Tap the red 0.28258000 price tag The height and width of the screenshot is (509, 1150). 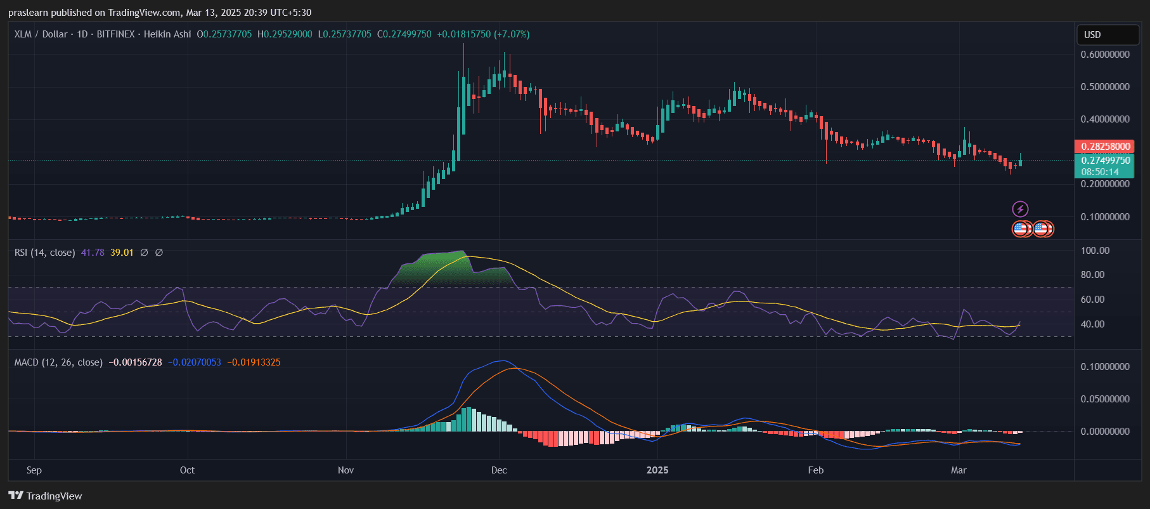(1105, 147)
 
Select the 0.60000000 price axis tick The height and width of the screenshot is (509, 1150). (1105, 55)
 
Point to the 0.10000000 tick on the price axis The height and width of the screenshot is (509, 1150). (1105, 217)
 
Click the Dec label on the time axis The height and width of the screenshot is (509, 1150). (499, 470)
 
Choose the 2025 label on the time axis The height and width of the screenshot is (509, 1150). (657, 470)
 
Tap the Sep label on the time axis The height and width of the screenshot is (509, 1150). (34, 470)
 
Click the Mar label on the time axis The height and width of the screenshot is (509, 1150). (959, 470)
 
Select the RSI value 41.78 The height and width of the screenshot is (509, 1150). (93, 253)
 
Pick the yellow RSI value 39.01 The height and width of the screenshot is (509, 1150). (122, 253)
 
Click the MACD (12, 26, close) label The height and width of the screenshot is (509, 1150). (58, 362)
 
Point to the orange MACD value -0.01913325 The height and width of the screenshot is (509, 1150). (254, 362)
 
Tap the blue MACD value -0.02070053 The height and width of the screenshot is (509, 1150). (195, 362)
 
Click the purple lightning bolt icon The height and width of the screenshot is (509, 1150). (1020, 209)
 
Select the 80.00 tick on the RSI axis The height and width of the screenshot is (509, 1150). (1092, 275)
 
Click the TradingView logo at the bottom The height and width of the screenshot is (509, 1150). (46, 496)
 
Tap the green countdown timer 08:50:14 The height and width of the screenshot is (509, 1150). (1100, 172)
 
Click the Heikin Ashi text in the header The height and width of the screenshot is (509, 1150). (167, 34)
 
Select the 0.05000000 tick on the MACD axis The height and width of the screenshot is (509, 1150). (1105, 399)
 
